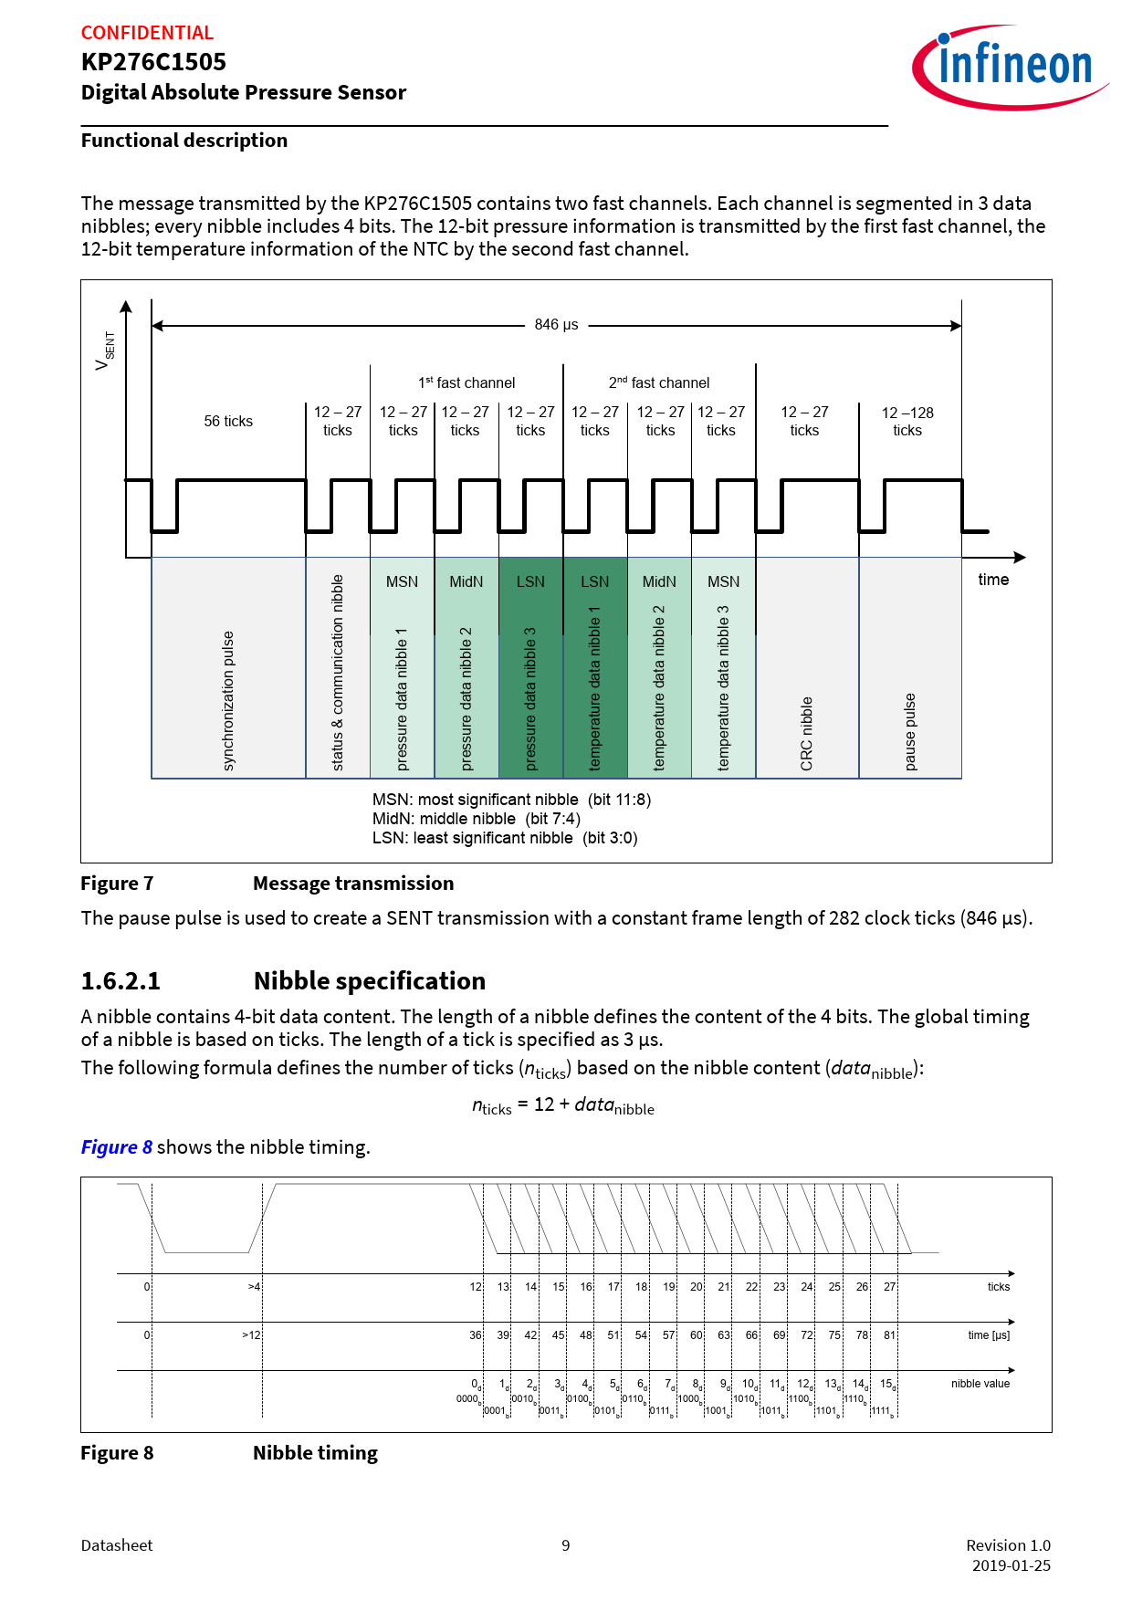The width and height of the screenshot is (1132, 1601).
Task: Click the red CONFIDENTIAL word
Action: pos(147,33)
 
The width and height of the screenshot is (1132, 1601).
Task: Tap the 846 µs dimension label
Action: pos(556,325)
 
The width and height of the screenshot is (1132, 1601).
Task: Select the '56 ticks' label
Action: pos(228,421)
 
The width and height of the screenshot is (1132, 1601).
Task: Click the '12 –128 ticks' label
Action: pos(907,422)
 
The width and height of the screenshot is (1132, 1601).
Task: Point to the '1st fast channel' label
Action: pos(466,382)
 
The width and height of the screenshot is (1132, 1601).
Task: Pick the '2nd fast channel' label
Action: pos(659,382)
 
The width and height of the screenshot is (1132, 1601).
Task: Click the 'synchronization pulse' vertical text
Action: pos(228,700)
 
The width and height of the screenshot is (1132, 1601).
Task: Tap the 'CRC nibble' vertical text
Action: pos(807,733)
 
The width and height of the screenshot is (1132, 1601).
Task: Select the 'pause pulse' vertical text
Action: pos(910,731)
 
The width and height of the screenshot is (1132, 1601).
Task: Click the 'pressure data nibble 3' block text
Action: pos(530,698)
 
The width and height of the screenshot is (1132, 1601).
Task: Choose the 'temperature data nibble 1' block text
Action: pos(595,688)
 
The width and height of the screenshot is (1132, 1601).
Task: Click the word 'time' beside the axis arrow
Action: pos(993,580)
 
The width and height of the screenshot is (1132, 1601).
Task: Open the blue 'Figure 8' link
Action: pos(116,1147)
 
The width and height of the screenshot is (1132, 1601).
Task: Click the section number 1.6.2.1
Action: pos(121,981)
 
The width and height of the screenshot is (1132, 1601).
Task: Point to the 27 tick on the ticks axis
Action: pos(889,1287)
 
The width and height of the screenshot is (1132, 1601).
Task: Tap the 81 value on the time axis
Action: pos(889,1335)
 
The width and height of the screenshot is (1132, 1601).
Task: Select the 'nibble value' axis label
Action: pos(980,1384)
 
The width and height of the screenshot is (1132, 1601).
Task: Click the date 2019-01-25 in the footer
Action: pos(1011,1565)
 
